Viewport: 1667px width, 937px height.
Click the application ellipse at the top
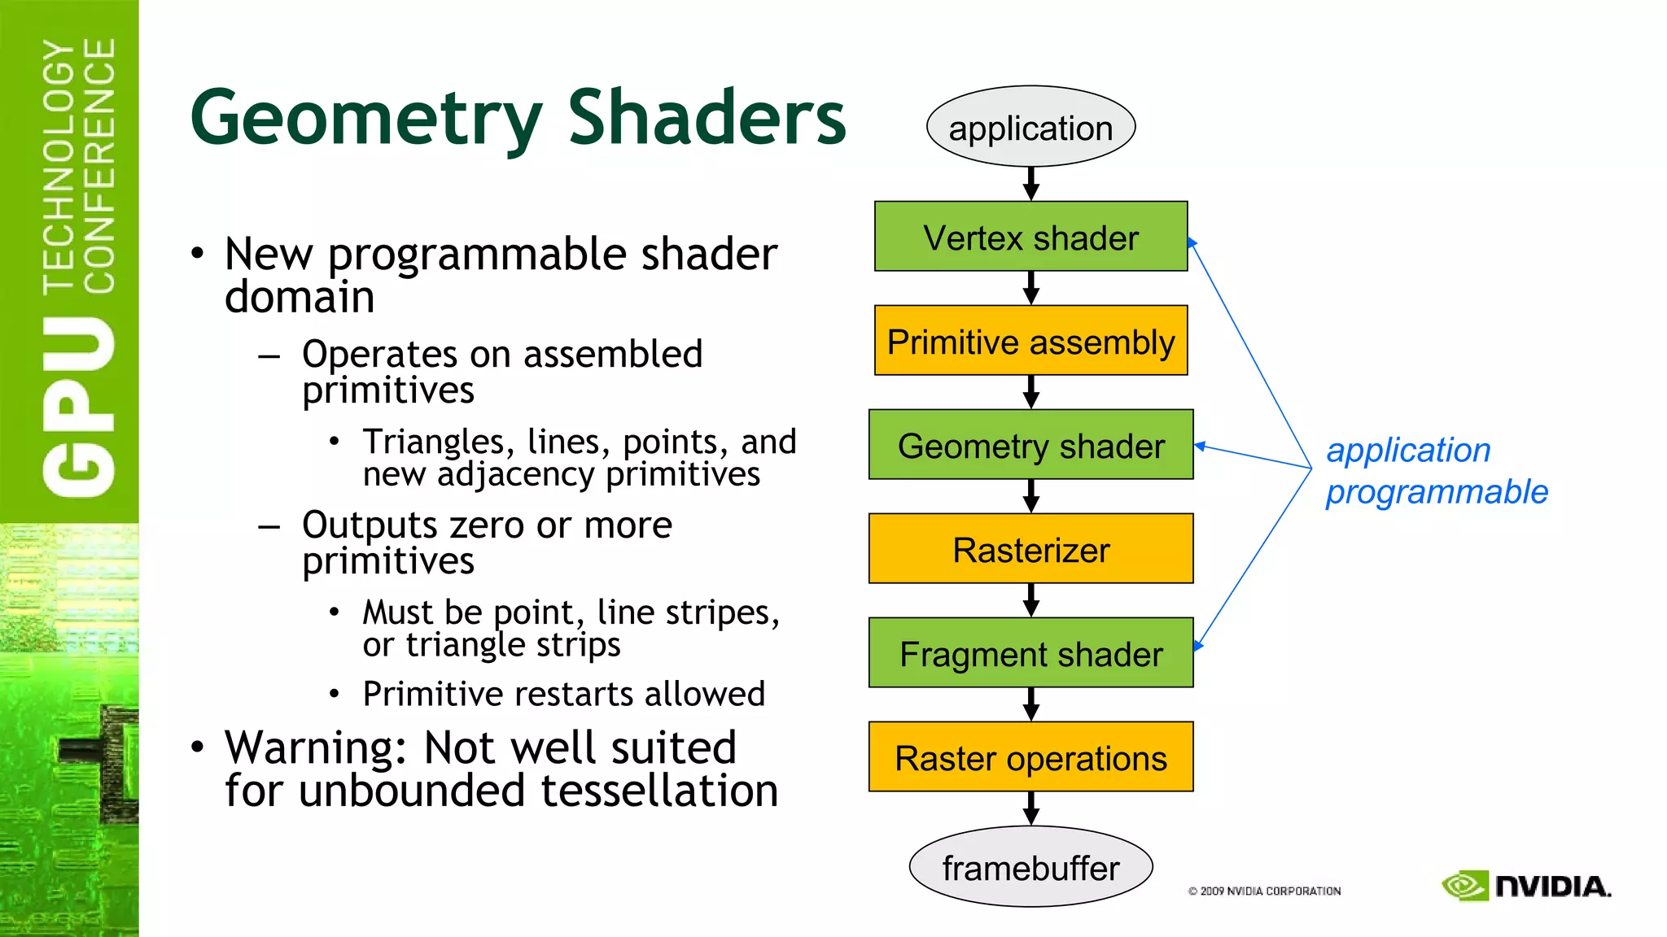click(1030, 127)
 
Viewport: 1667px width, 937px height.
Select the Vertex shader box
click(1030, 237)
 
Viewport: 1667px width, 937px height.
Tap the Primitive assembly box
click(1030, 341)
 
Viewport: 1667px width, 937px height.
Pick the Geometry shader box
click(1030, 445)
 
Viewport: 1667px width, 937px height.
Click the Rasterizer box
click(1030, 549)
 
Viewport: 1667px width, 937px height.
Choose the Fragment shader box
click(1030, 653)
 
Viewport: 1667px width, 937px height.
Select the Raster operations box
click(1030, 757)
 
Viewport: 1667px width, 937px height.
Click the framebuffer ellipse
click(1030, 867)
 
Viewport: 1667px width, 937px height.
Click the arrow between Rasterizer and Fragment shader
click(1031, 601)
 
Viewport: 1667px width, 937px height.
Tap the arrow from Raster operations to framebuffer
click(1031, 809)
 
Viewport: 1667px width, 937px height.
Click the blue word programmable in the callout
click(1437, 493)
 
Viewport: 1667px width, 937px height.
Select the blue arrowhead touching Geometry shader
click(1201, 446)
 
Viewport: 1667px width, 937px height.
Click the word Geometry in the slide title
click(365, 120)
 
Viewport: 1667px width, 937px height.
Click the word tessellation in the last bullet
click(659, 791)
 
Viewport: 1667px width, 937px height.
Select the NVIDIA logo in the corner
click(1526, 886)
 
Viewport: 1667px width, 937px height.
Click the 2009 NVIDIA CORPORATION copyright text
click(1264, 891)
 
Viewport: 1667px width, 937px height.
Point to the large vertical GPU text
click(79, 407)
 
